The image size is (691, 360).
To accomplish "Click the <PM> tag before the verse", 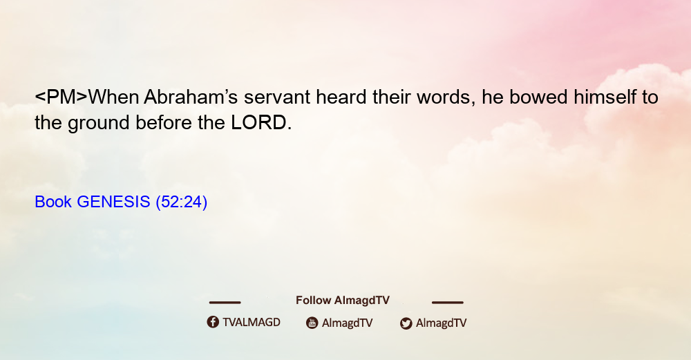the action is (x=61, y=97).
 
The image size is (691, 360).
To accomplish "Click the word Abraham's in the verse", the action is (x=191, y=97).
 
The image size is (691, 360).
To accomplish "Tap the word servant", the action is (x=277, y=97).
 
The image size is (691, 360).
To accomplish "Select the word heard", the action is (x=341, y=97).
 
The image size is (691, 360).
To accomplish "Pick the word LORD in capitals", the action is (x=258, y=122).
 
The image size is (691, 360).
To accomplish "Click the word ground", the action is (x=99, y=124).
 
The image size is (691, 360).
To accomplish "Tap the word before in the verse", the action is (x=164, y=122).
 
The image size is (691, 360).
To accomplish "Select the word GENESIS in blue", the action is (x=113, y=202).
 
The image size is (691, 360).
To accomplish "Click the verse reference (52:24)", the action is (x=182, y=202).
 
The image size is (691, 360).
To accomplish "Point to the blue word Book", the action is (x=53, y=202).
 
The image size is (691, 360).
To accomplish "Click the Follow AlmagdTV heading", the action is (x=343, y=301).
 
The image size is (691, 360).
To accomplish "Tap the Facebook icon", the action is (x=213, y=322).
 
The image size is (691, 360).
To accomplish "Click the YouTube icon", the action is (x=312, y=323).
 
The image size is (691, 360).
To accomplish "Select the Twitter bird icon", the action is (x=406, y=323).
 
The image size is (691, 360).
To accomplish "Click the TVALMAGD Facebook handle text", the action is (x=252, y=323).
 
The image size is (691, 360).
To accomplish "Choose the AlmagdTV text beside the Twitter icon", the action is (x=441, y=323).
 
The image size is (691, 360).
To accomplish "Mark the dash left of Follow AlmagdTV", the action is (x=225, y=303).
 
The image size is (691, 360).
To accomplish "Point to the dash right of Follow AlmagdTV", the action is (x=448, y=303).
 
